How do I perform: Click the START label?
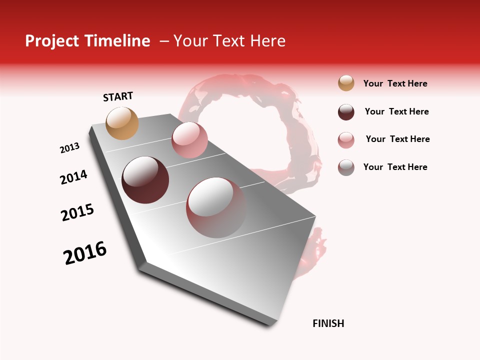[x=118, y=96]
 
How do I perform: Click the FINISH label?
[x=328, y=323]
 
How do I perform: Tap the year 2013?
[x=70, y=148]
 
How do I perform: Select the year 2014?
[x=73, y=177]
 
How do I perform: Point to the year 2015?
[x=77, y=212]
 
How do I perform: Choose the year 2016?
[x=85, y=253]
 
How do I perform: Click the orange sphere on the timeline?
[x=122, y=123]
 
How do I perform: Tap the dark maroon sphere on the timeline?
[x=145, y=180]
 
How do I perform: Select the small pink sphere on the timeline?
[x=189, y=140]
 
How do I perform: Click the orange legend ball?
[x=346, y=83]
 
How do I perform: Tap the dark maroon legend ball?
[x=346, y=112]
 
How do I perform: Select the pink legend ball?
[x=346, y=140]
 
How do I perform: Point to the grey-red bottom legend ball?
[x=346, y=167]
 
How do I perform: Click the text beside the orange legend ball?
[x=395, y=83]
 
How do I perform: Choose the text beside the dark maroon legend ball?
[x=396, y=111]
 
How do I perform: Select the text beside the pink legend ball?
[x=397, y=139]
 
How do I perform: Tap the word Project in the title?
[x=51, y=41]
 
